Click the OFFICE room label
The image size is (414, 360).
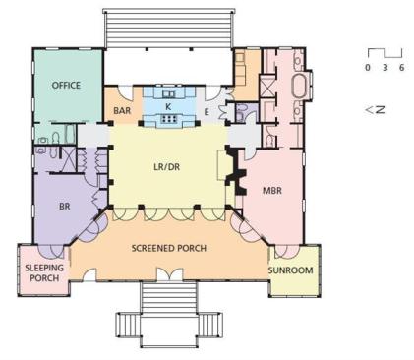click(x=66, y=86)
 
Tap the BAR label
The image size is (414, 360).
click(x=122, y=111)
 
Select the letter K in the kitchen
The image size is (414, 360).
click(x=168, y=107)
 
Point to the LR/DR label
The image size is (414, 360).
click(x=167, y=167)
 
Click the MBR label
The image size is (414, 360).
click(x=272, y=191)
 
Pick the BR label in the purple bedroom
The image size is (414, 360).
click(x=65, y=207)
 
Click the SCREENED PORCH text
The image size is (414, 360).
click(x=169, y=248)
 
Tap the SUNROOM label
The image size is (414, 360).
click(x=291, y=270)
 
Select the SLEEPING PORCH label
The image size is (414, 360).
click(x=44, y=272)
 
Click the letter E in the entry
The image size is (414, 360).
click(x=207, y=112)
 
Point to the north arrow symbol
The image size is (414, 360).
click(x=376, y=110)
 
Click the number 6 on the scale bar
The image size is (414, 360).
click(x=401, y=68)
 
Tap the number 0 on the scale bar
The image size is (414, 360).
click(x=368, y=68)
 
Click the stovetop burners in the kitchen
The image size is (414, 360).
click(x=168, y=120)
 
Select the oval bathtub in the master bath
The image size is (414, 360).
click(x=298, y=86)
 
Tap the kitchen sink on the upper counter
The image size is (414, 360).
click(x=169, y=94)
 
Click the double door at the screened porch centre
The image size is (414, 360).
click(x=169, y=274)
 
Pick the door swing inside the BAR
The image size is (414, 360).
click(x=126, y=92)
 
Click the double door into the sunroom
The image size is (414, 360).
click(x=287, y=251)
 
